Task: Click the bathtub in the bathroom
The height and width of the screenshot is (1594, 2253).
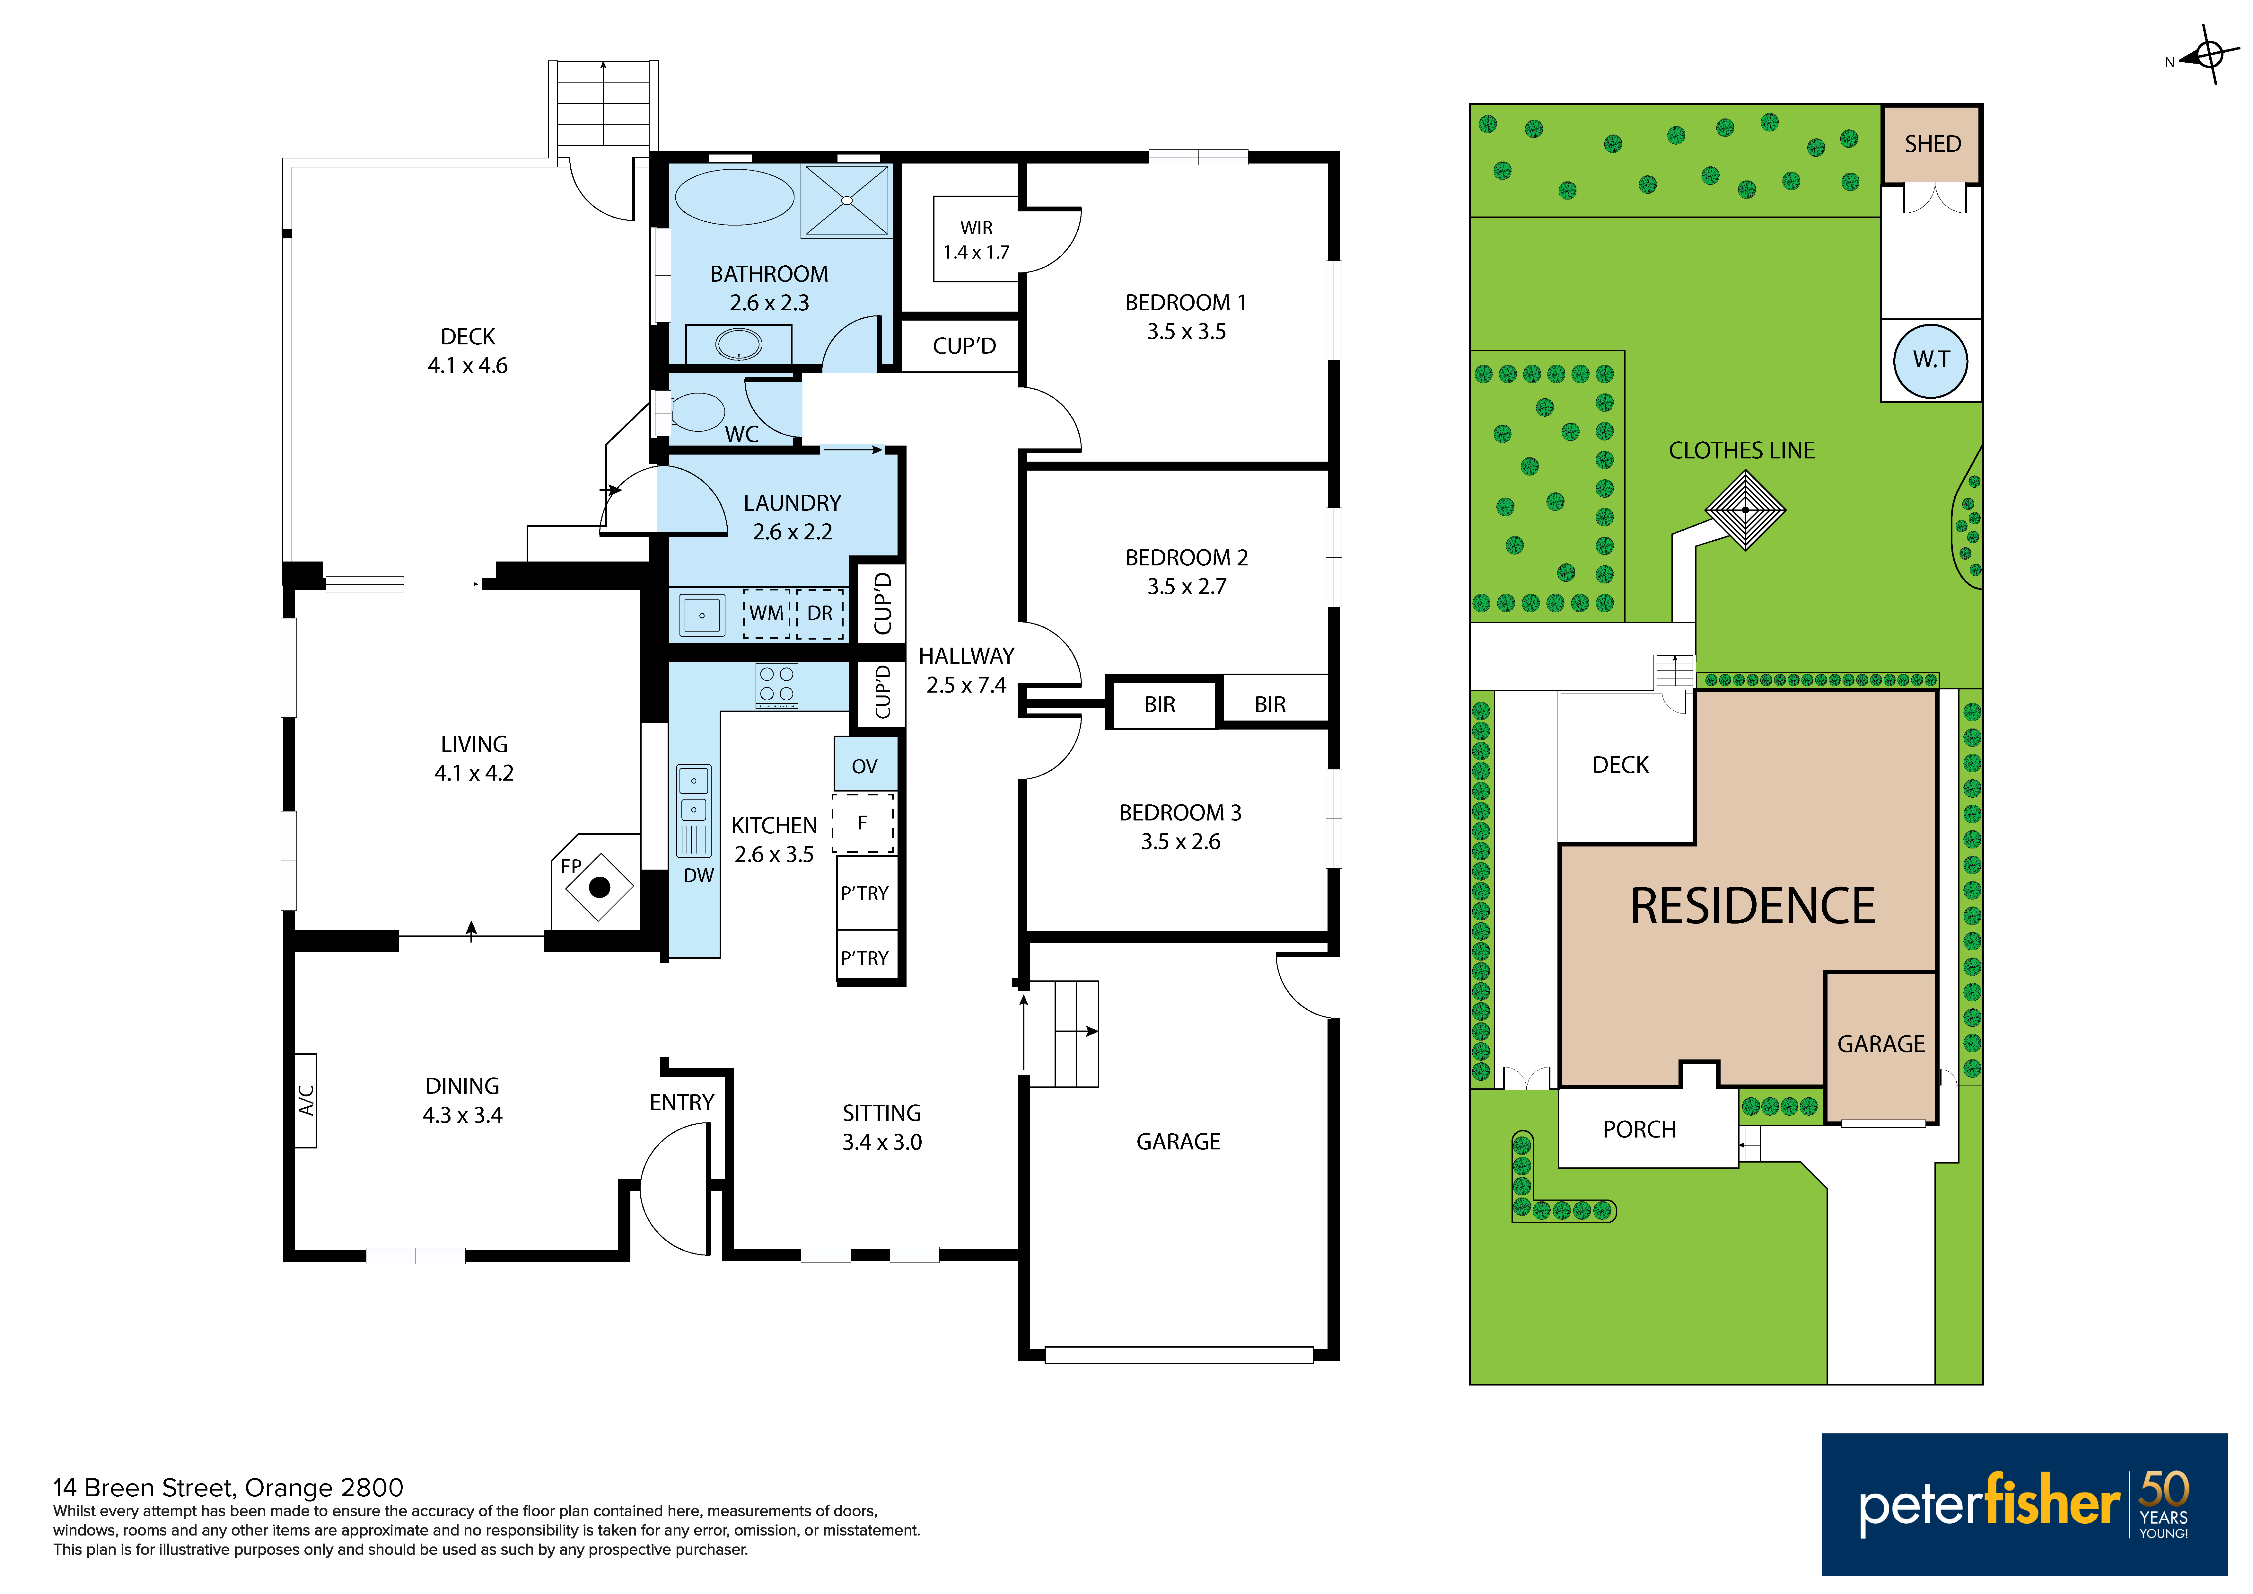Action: (x=735, y=197)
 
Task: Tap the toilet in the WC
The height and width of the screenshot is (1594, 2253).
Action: (x=697, y=411)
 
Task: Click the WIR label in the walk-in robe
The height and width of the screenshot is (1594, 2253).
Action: (x=976, y=228)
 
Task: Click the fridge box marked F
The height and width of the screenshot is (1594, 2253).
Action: (x=863, y=822)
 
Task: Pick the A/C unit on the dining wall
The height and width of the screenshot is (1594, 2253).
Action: (x=305, y=1100)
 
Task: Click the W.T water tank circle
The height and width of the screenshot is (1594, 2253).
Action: (x=1930, y=360)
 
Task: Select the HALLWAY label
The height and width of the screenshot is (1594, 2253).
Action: (x=967, y=656)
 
